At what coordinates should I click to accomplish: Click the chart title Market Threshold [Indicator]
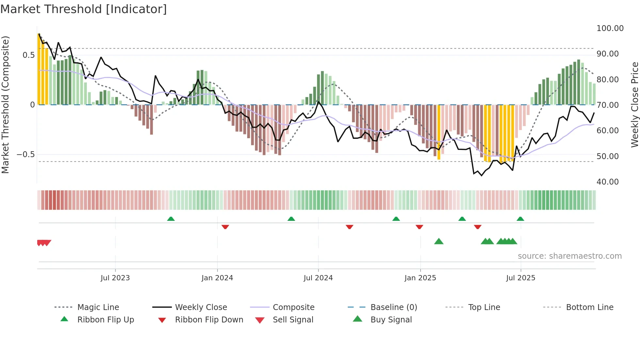tap(84, 9)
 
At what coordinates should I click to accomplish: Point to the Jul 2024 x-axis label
tap(318, 278)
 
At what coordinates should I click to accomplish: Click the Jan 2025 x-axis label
tap(420, 278)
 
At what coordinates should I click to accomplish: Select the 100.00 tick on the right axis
tap(610, 28)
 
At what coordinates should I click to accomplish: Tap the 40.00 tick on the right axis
tap(607, 182)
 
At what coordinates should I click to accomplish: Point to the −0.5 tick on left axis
tap(25, 154)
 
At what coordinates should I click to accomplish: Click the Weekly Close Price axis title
tap(634, 105)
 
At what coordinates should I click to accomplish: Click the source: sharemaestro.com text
tap(569, 256)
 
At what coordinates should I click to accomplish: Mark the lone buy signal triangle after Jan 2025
tap(439, 241)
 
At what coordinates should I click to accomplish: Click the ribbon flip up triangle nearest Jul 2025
tap(520, 219)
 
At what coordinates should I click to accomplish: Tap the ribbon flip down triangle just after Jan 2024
tap(225, 227)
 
